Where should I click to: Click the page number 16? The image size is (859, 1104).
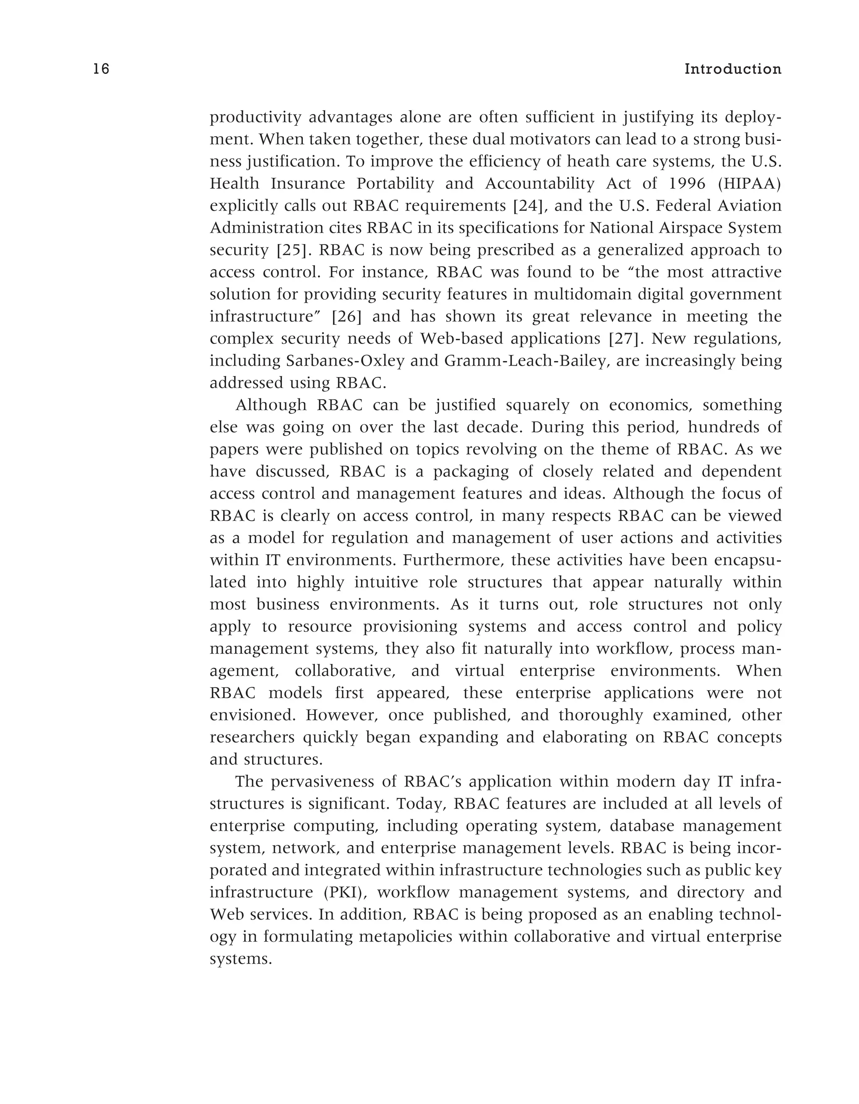tap(101, 69)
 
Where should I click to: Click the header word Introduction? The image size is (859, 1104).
tap(733, 69)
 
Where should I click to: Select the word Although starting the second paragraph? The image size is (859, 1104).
tap(271, 405)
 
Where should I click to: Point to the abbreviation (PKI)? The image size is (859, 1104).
tap(345, 892)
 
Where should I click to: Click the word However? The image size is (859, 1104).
tap(342, 715)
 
